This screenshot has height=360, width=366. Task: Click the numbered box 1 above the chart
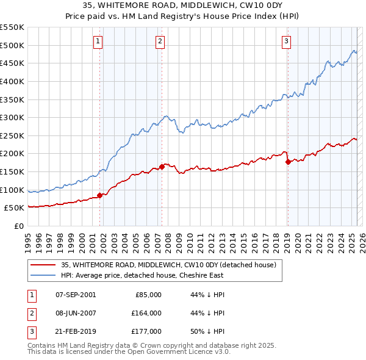point(98,41)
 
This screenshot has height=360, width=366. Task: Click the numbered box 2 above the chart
point(159,41)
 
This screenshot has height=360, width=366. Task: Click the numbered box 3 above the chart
point(286,41)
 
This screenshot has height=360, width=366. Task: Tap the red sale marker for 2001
point(99,195)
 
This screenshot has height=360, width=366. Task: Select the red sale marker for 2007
point(162,167)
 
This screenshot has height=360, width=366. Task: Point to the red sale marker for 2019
point(288,162)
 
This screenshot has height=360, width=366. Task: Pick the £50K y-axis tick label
point(15,207)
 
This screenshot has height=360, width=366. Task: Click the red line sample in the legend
point(42,265)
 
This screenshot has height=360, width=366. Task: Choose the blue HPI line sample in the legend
point(42,275)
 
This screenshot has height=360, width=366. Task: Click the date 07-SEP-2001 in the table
point(76,294)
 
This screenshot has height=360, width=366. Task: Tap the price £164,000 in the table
point(146,313)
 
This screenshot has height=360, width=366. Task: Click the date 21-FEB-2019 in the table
point(76,332)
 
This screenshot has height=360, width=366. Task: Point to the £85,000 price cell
point(148,294)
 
